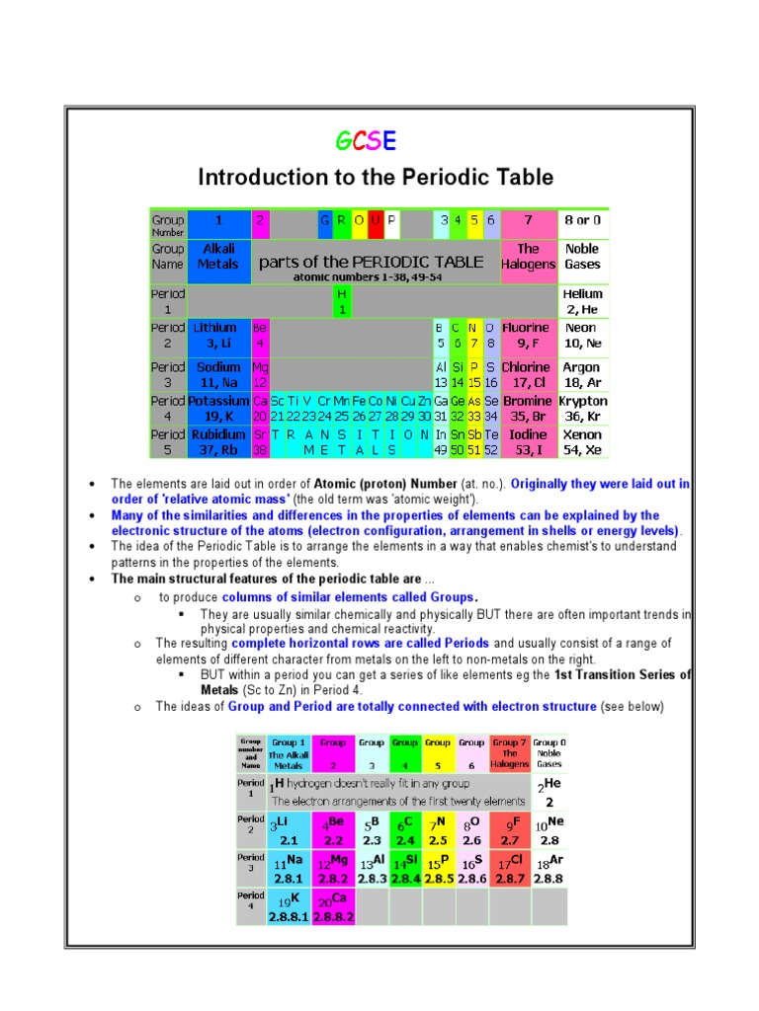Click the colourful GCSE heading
pyautogui.click(x=365, y=142)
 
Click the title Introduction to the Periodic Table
pyautogui.click(x=376, y=178)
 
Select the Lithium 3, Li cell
pyautogui.click(x=217, y=335)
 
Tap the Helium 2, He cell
pyautogui.click(x=583, y=301)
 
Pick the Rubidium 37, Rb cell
pyautogui.click(x=217, y=441)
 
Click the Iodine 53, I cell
pyautogui.click(x=528, y=441)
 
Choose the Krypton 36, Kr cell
pyautogui.click(x=583, y=409)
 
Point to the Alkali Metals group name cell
pyautogui.click(x=217, y=257)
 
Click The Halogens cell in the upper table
pyautogui.click(x=528, y=257)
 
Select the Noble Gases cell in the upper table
pyautogui.click(x=583, y=257)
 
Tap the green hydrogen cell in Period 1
pyautogui.click(x=342, y=301)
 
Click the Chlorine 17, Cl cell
pyautogui.click(x=528, y=374)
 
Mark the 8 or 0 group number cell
pyautogui.click(x=583, y=220)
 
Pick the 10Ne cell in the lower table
pyautogui.click(x=549, y=830)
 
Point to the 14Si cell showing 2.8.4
pyautogui.click(x=404, y=869)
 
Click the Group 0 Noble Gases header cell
pyautogui.click(x=549, y=752)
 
